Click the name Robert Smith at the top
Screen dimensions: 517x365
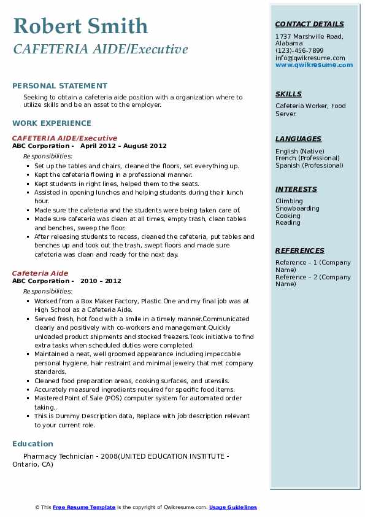[80, 26]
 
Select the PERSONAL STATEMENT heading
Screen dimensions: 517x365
[60, 86]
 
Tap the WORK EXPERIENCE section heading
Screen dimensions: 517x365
[52, 123]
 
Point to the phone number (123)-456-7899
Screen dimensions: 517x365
[299, 50]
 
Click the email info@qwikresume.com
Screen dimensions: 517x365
[310, 58]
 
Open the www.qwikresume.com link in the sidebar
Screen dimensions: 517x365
[314, 64]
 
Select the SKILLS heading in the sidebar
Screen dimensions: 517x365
[288, 94]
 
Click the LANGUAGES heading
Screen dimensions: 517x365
[298, 139]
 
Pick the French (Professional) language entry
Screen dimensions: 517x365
[308, 158]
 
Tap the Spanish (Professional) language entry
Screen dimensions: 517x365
[309, 165]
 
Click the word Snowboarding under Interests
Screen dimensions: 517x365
[297, 208]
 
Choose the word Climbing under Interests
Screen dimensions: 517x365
[289, 201]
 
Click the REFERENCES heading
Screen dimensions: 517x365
[300, 251]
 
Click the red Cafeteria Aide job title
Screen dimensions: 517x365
[40, 273]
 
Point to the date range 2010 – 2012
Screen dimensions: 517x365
[105, 281]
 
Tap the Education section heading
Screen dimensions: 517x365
[33, 443]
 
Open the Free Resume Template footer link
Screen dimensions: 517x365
[84, 507]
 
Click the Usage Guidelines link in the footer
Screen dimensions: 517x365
[232, 507]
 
